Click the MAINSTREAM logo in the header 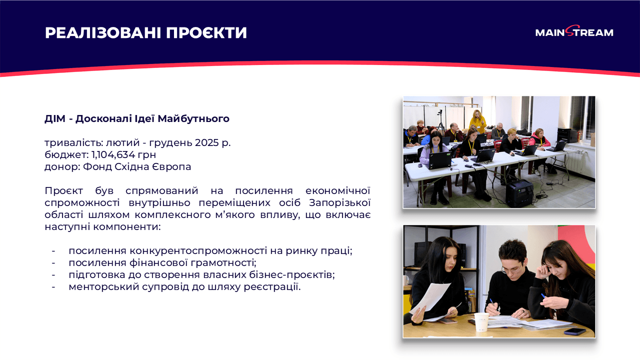tap(574, 32)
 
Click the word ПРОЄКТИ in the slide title tap(206, 33)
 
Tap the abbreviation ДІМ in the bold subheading tap(55, 118)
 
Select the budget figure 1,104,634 tap(112, 154)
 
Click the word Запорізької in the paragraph tap(339, 203)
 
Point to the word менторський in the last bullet tap(98, 286)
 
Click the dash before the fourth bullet tap(53, 286)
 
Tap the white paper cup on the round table tap(481, 322)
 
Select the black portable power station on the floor tap(519, 193)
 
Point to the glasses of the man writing tap(511, 268)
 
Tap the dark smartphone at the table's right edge tap(574, 330)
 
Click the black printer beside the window tap(567, 135)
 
